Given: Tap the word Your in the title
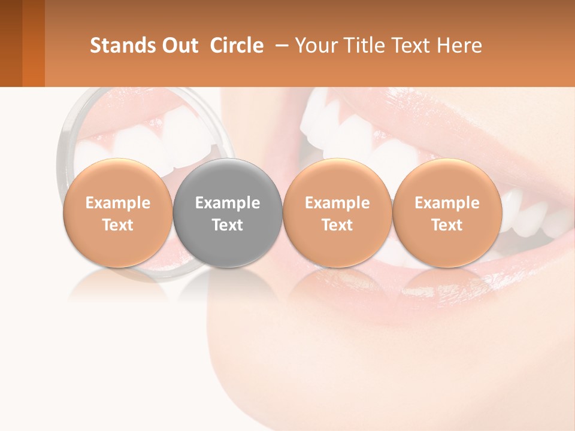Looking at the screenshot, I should (316, 45).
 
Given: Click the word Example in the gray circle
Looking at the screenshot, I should (228, 203).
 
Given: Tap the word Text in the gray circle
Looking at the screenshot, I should (228, 225).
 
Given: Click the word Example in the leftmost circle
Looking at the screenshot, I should (117, 203).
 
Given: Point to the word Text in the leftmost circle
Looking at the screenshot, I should (117, 225).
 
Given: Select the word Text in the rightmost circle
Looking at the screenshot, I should (447, 225).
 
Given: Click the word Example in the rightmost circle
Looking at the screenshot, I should (447, 203).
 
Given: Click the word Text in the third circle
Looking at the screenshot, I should (337, 225).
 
